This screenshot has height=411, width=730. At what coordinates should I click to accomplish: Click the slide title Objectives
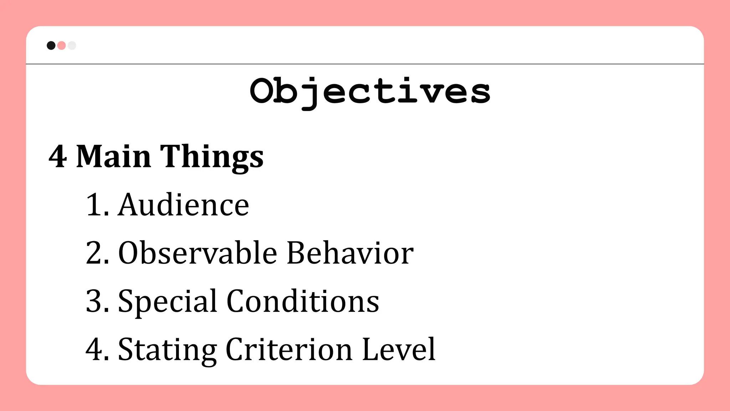coord(370,91)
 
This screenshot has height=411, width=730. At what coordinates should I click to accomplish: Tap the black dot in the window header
coord(51,45)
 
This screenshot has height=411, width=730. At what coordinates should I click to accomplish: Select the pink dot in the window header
coord(61,45)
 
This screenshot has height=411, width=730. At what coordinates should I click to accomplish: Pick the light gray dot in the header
coord(72,45)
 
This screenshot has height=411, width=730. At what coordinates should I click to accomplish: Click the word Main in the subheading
coord(114,157)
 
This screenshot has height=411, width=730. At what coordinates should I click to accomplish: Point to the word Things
coord(212,157)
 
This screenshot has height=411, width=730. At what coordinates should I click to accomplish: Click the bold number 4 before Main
coord(58,157)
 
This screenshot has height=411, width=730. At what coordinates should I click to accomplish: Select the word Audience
coord(184,205)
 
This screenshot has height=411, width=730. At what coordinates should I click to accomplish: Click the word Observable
coord(197,253)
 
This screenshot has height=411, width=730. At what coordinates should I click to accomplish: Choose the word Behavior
coord(350,253)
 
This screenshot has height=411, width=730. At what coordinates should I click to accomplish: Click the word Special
coord(168,302)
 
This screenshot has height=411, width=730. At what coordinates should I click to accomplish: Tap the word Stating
coord(168,350)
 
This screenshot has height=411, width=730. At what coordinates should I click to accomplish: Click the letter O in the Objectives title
coord(263,91)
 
